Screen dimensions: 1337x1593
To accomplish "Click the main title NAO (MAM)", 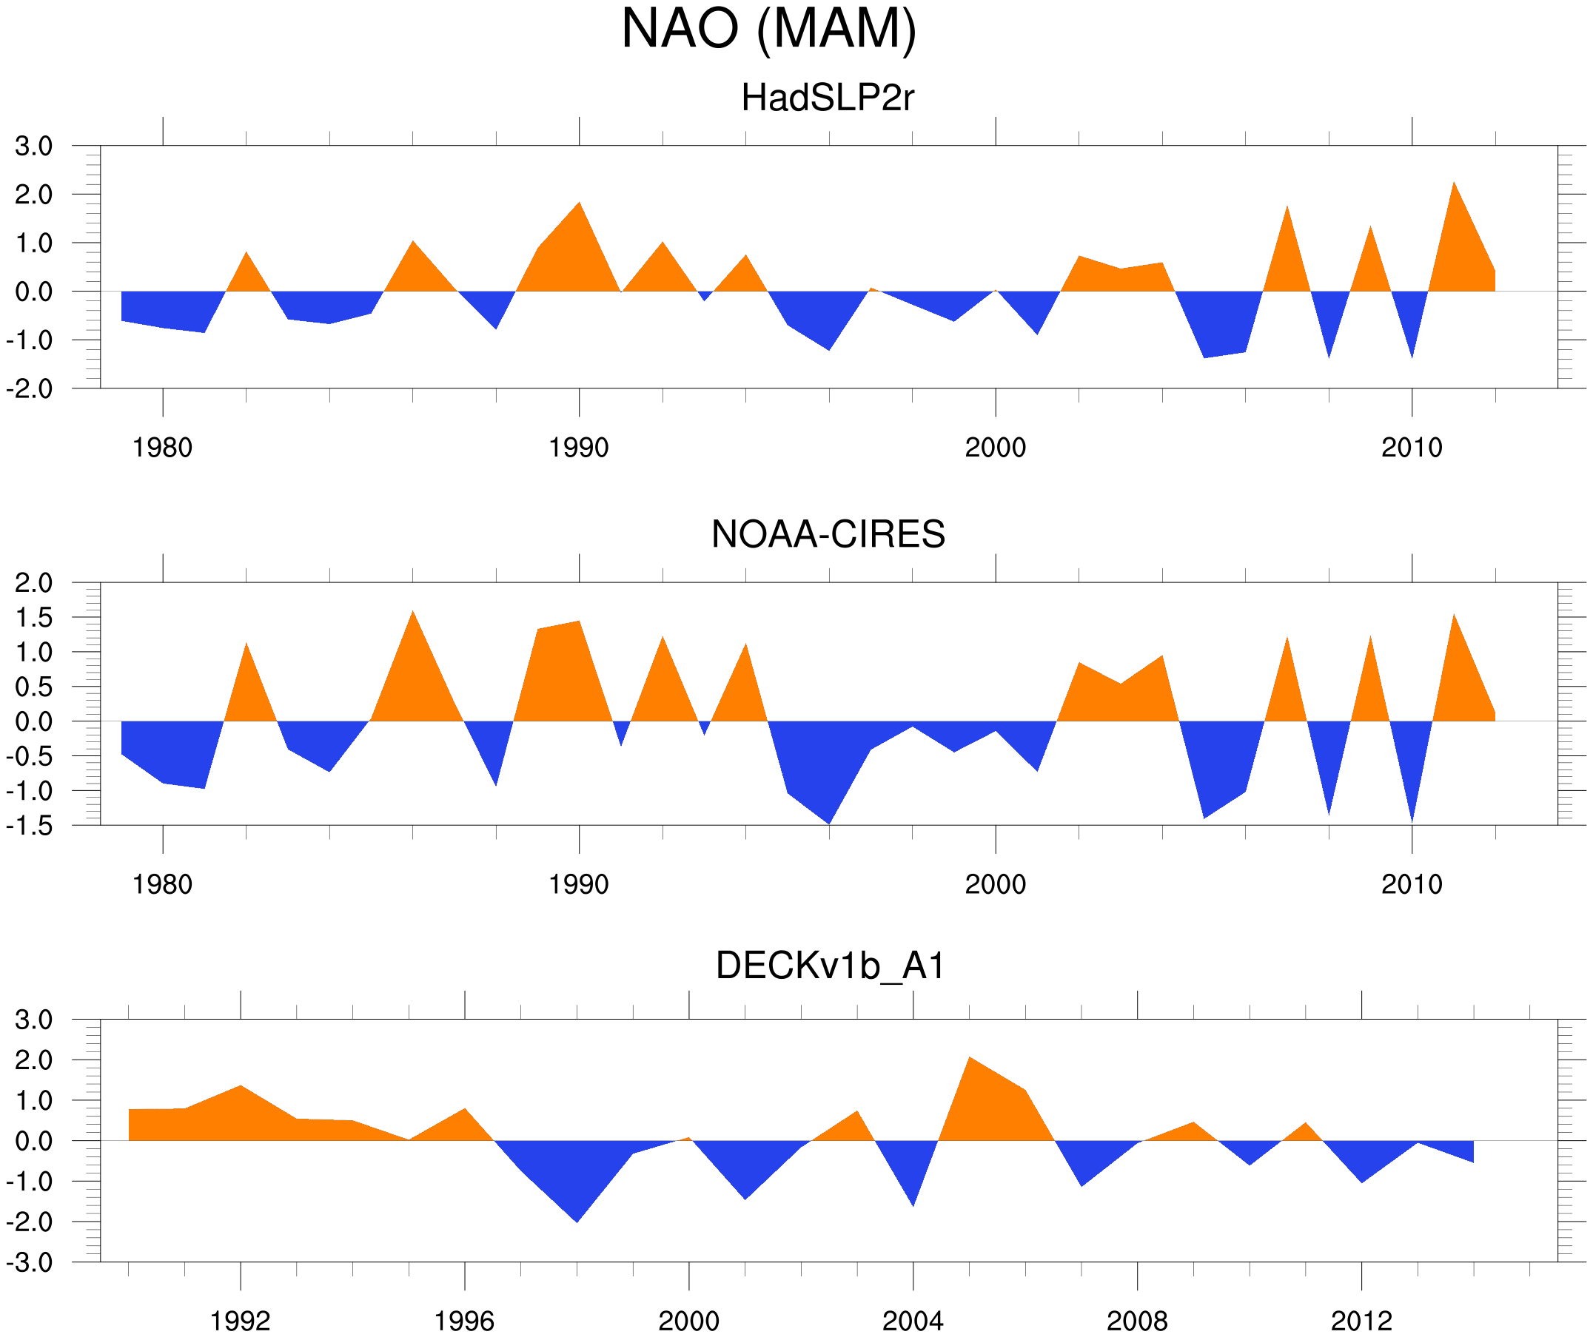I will [x=768, y=29].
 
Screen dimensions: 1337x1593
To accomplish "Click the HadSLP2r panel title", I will [x=828, y=98].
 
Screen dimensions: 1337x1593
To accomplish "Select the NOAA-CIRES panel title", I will [x=828, y=534].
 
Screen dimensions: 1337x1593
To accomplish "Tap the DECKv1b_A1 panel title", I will [x=830, y=966].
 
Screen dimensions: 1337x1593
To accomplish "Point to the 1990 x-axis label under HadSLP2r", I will [x=579, y=448].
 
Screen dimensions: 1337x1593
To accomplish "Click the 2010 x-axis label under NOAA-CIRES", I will [x=1411, y=884].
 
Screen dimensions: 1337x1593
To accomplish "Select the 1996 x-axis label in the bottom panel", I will [x=463, y=1321].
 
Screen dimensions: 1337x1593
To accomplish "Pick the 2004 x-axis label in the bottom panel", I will [x=913, y=1321].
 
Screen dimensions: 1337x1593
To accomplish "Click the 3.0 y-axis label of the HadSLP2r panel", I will [x=34, y=147].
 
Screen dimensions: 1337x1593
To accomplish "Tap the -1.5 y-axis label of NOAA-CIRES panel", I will [x=30, y=826].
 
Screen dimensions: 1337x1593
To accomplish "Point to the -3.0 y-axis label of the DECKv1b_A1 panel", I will [x=30, y=1263].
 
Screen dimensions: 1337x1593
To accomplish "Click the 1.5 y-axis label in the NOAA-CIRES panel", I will [x=34, y=617].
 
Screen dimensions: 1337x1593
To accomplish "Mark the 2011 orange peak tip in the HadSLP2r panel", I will [x=1453, y=183].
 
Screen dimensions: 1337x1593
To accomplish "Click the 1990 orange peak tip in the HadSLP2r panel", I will [x=580, y=203].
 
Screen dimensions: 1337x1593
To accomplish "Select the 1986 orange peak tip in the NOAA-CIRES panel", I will [x=412, y=611].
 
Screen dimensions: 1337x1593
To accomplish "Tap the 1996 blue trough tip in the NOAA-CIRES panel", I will [x=829, y=824].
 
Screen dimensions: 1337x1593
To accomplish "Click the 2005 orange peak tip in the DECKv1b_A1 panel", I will [x=970, y=1057].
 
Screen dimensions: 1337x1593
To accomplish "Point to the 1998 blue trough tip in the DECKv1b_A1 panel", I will [x=577, y=1222].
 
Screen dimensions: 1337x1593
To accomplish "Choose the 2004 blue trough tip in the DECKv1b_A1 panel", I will [x=913, y=1206].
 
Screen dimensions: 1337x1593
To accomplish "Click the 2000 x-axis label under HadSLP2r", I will [x=995, y=448].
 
